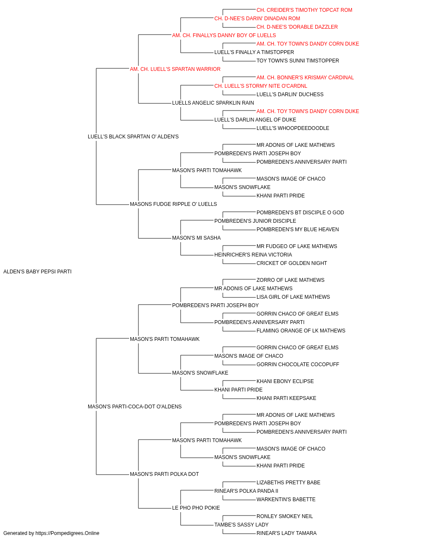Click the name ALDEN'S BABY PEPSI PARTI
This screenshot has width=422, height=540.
pos(37,272)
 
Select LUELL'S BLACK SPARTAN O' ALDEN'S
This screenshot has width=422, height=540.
pos(133,137)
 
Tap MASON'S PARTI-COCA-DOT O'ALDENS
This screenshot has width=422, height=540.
pos(135,407)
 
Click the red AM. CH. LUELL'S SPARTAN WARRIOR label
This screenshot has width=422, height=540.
pos(175,69)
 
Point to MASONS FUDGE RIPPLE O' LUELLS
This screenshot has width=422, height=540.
pos(173,204)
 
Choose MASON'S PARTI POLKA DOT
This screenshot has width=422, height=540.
pos(164,474)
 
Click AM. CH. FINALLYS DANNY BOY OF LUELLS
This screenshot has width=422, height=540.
pos(224,35)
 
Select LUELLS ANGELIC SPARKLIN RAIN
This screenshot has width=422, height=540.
pos(213,103)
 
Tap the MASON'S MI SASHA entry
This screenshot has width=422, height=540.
pos(196,238)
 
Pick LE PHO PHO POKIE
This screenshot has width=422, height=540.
pos(196,508)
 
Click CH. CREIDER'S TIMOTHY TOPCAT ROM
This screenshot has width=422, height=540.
pos(304,10)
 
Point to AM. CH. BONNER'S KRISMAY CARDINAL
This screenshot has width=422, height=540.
pos(305,78)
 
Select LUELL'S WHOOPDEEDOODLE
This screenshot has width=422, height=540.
pos(293,128)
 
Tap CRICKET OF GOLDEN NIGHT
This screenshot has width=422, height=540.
pos(292,263)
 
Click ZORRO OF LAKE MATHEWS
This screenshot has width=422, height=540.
pos(290,280)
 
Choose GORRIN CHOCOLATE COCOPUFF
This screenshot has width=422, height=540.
pos(298,364)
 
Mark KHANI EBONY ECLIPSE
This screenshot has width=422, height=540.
pos(285,381)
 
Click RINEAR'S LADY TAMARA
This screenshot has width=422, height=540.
pos(287,533)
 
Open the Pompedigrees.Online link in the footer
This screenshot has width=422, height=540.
pos(68,533)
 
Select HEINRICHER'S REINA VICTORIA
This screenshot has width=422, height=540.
pos(253,255)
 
